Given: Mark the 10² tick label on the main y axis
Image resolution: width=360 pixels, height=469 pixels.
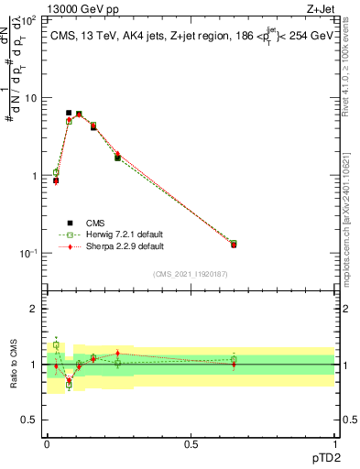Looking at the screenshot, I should coord(29,19).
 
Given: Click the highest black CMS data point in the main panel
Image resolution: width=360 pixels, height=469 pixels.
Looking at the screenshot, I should coord(69,113).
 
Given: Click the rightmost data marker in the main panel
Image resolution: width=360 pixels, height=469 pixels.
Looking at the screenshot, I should coord(234,244).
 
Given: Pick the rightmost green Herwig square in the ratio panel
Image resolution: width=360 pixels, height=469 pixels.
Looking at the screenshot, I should coord(234,360).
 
